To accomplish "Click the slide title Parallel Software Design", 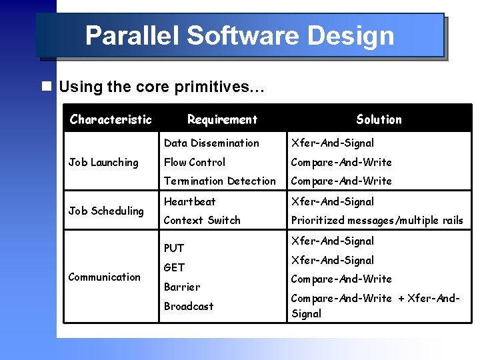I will pyautogui.click(x=239, y=36).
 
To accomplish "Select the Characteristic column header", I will pyautogui.click(x=111, y=120).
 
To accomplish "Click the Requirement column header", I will pyautogui.click(x=222, y=120).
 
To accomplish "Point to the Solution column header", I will pyautogui.click(x=379, y=120).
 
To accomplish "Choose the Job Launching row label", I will pyautogui.click(x=103, y=162).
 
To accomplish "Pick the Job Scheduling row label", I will pyautogui.click(x=106, y=211).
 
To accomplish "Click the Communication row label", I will pyautogui.click(x=105, y=277).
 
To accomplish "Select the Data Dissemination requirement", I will pyautogui.click(x=211, y=143).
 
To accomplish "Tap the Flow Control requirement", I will pyautogui.click(x=195, y=162).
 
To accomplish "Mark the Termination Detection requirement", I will pyautogui.click(x=219, y=181).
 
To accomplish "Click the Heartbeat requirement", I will pyautogui.click(x=190, y=201).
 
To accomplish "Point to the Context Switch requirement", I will pyautogui.click(x=202, y=220).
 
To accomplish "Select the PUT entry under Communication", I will pyautogui.click(x=174, y=248).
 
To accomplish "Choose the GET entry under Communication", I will pyautogui.click(x=174, y=267).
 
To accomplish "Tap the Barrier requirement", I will pyautogui.click(x=181, y=287).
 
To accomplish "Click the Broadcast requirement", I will pyautogui.click(x=189, y=306).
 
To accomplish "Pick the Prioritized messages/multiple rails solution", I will pyautogui.click(x=377, y=220).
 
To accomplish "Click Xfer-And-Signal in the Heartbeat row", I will pyautogui.click(x=332, y=201).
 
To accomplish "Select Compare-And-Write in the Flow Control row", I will pyautogui.click(x=341, y=162).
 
